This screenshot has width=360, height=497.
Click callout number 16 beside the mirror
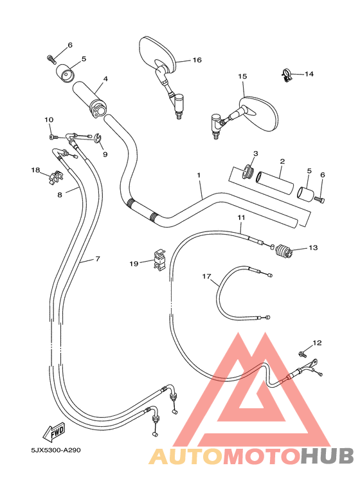click(197, 60)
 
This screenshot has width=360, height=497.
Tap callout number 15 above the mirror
click(242, 76)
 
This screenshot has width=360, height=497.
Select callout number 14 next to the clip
click(309, 74)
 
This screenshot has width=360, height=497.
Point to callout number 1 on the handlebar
click(199, 175)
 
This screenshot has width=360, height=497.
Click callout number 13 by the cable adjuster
click(313, 247)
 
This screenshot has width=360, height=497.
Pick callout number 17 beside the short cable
click(206, 276)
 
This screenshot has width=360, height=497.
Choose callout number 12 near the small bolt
click(316, 343)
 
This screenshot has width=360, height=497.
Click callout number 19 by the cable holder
click(134, 263)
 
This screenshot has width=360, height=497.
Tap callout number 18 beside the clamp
click(35, 170)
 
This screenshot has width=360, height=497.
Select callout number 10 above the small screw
click(49, 120)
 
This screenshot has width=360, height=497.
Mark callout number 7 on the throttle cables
click(98, 258)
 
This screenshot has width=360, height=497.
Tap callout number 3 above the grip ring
click(255, 154)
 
